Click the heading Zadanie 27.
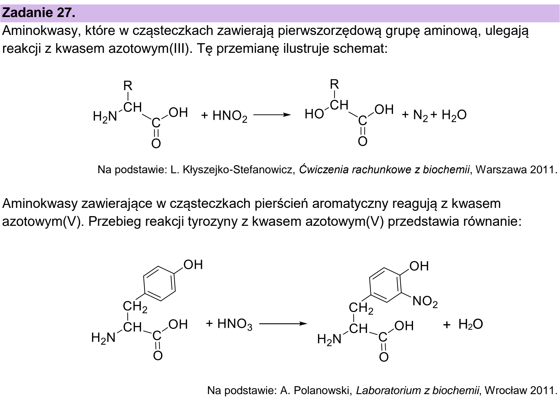(x=39, y=13)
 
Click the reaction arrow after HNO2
(x=272, y=115)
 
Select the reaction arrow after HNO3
(x=283, y=324)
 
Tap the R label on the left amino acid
(x=128, y=86)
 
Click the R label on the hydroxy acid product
(x=335, y=84)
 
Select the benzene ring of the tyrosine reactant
(x=160, y=283)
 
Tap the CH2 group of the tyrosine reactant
(x=135, y=307)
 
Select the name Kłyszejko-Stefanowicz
(x=239, y=170)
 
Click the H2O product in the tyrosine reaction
(x=471, y=324)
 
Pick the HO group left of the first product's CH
(x=314, y=114)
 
